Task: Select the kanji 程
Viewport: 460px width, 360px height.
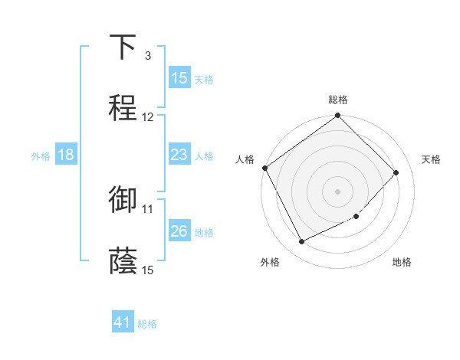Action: click(123, 108)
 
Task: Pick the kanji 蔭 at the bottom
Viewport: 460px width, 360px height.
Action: click(123, 260)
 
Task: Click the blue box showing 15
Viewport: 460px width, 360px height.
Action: click(179, 78)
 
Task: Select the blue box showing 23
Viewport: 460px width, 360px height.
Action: click(179, 155)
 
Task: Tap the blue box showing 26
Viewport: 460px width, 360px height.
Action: click(179, 231)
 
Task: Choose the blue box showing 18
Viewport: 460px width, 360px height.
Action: click(66, 155)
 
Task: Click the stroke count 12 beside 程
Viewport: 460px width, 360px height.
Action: click(148, 117)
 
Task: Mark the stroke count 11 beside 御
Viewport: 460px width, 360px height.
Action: click(148, 208)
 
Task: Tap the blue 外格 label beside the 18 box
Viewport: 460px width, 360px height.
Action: click(41, 155)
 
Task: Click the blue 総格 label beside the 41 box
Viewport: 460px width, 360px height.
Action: click(147, 324)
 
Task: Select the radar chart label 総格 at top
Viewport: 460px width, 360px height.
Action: click(338, 100)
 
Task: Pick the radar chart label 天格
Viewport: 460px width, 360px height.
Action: click(431, 159)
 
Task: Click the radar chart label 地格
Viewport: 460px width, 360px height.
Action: click(402, 262)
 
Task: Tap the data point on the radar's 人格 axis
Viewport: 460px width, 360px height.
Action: click(264, 168)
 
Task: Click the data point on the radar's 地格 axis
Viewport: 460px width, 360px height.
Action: click(356, 216)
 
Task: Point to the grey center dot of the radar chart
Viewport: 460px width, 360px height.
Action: click(338, 191)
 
